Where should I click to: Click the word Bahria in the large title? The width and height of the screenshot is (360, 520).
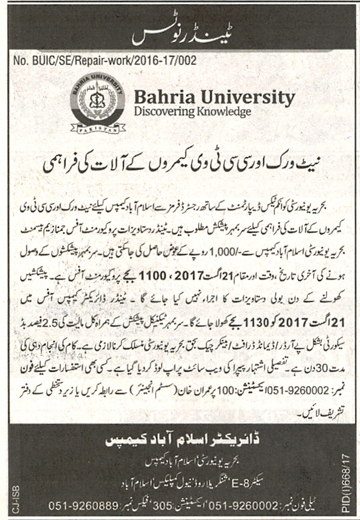(162, 97)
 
